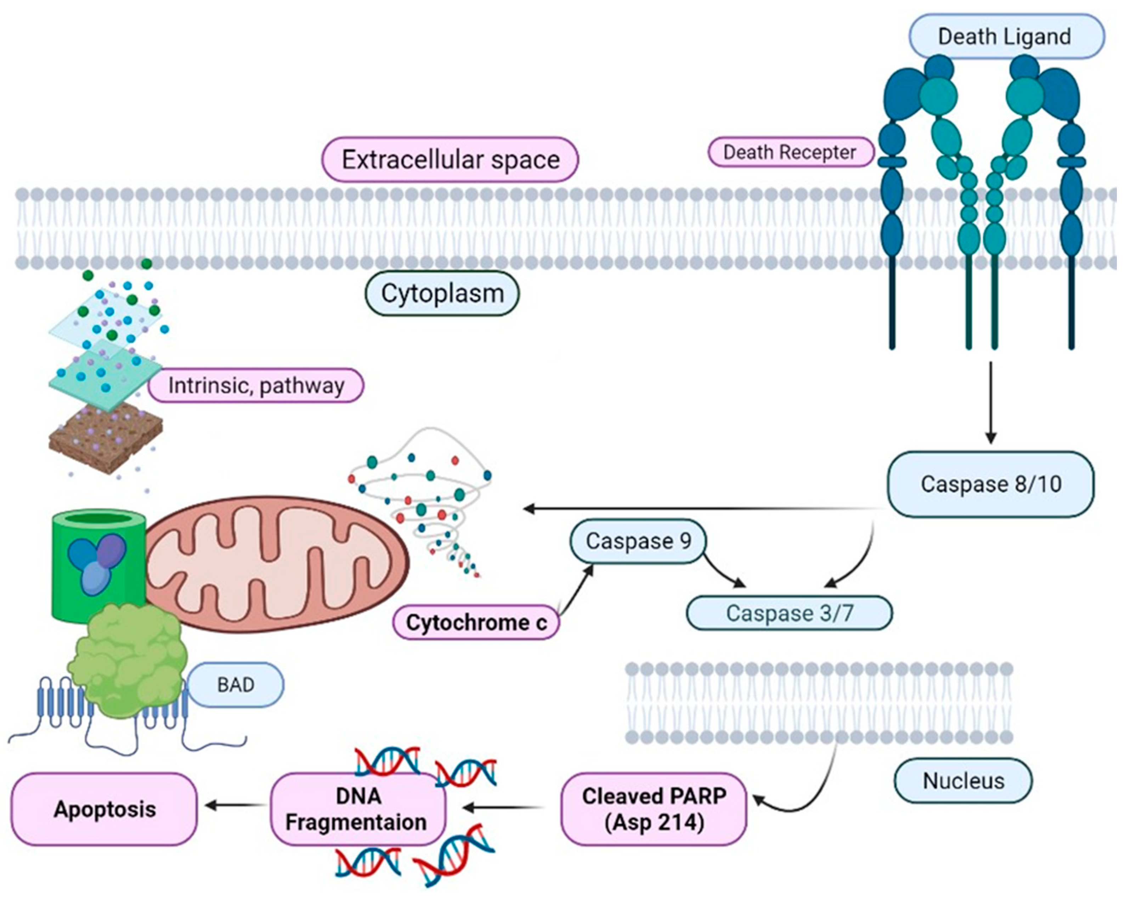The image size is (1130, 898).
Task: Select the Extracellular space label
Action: [450, 160]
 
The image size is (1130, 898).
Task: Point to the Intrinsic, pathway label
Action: [256, 386]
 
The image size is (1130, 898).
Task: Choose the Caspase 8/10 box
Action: [990, 484]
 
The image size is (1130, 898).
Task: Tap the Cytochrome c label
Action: [476, 623]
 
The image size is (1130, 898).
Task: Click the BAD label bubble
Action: [236, 685]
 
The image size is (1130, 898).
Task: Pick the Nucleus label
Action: [963, 781]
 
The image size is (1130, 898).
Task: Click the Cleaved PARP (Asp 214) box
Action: [654, 809]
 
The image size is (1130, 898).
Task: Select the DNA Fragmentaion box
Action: [357, 809]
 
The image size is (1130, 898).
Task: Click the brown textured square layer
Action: [105, 438]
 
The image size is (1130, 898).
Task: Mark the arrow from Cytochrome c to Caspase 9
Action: [577, 590]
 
